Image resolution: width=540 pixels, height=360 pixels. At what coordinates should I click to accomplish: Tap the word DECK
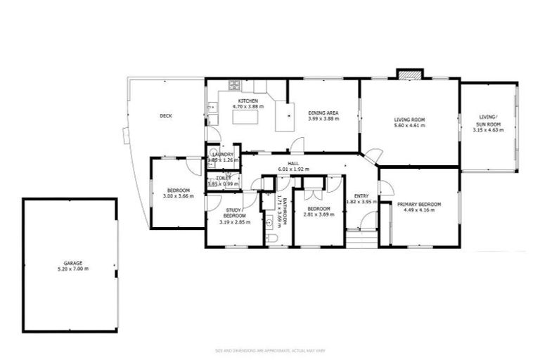[165, 116]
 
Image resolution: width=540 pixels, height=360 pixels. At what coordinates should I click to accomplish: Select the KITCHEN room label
[247, 101]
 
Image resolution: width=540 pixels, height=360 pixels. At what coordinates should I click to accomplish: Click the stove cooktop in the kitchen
[233, 86]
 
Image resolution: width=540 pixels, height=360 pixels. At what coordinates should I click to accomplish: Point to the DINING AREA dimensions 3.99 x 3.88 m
[323, 119]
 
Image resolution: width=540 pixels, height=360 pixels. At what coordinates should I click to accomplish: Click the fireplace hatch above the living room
[410, 73]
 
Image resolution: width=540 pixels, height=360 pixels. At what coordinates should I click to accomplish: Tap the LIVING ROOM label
[409, 120]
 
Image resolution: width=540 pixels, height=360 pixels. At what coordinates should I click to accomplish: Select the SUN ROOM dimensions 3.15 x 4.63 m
[488, 130]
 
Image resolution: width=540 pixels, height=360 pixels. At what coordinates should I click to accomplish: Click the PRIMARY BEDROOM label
[419, 204]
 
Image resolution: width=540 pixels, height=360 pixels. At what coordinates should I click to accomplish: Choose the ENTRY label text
[361, 195]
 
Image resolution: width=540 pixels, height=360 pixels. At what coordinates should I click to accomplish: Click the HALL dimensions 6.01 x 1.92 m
[294, 169]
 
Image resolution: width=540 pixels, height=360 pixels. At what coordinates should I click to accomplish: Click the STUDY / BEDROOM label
[234, 213]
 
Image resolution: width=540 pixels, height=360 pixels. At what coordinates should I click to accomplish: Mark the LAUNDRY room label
[223, 154]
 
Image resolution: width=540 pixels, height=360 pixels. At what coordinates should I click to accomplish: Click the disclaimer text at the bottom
[270, 351]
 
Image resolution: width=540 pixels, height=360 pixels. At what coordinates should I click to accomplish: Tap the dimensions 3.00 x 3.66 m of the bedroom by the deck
[177, 196]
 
